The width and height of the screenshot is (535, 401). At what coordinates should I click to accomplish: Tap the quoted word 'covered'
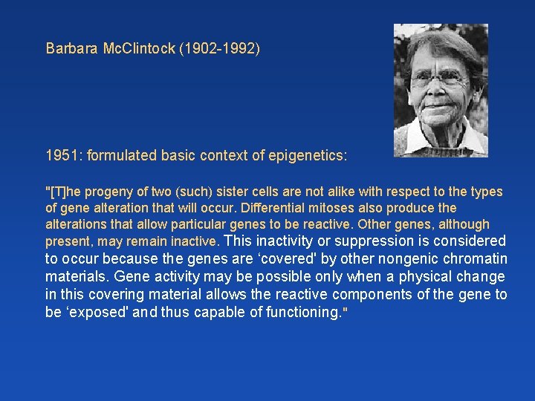276,258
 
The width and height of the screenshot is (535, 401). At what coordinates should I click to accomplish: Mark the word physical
413,276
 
